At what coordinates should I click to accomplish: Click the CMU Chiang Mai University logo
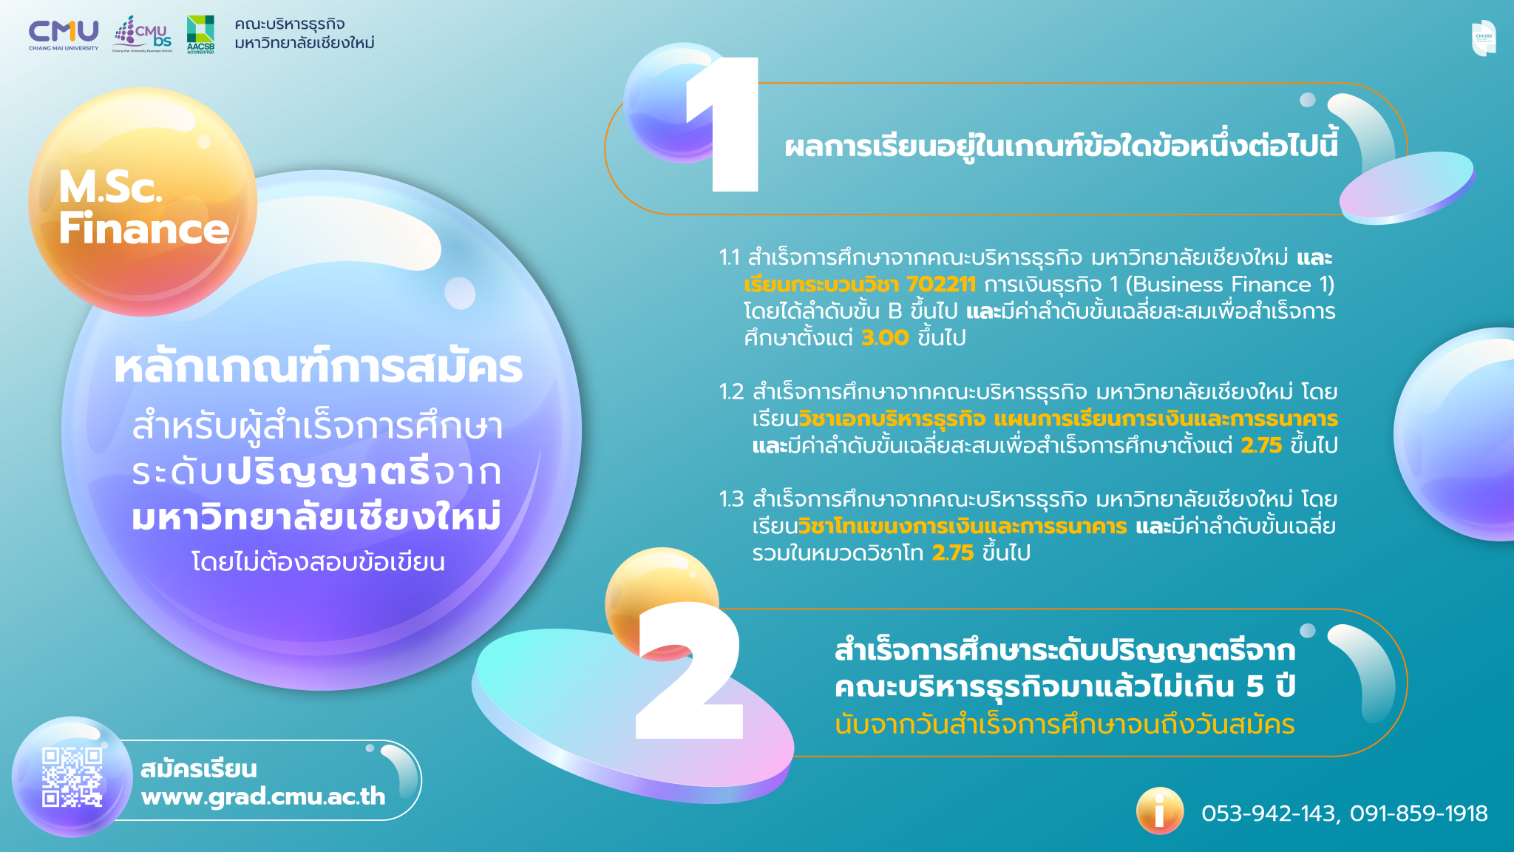coord(64,34)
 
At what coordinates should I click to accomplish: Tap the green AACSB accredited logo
coord(200,34)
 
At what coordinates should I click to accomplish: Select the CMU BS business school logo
coord(143,34)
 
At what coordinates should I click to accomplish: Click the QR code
coord(72,777)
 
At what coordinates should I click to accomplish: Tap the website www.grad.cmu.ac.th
coord(263,797)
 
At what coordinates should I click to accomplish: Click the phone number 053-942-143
coord(1268,814)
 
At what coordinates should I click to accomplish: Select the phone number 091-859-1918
coord(1419,814)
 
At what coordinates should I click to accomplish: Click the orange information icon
coord(1159,811)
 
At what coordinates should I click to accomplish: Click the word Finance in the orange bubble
coord(144,228)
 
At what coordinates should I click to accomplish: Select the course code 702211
coord(941,285)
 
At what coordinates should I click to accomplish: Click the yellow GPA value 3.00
coord(885,338)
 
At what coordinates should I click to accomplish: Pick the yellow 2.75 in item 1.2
coord(1261,445)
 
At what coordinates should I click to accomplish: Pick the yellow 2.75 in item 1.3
coord(953,552)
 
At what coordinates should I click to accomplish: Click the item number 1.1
coord(729,257)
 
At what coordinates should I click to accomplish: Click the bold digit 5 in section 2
coord(1255,686)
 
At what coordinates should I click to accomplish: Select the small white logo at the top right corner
coord(1482,38)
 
